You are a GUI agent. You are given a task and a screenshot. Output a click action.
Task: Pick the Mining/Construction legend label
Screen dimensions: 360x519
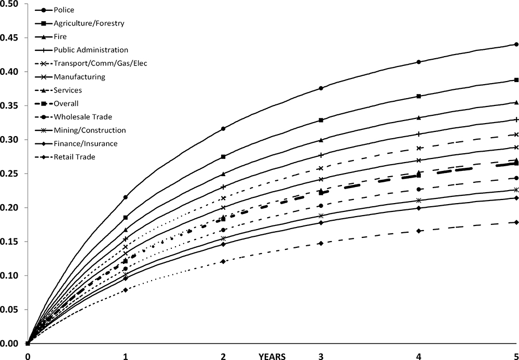90,130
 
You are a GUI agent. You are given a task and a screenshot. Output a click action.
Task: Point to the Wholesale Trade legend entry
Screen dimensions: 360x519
83,116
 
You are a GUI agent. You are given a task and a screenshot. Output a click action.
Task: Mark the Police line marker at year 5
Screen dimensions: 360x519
516,44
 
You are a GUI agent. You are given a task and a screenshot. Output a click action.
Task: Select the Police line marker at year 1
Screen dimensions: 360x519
125,197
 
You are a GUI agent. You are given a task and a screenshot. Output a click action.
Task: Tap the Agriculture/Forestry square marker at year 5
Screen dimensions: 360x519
516,80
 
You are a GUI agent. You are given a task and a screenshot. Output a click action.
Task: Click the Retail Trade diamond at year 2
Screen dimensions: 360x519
223,261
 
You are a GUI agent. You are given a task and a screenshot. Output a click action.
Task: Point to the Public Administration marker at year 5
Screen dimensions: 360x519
516,119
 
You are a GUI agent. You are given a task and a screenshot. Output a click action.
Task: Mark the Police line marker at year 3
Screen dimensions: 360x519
321,88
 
